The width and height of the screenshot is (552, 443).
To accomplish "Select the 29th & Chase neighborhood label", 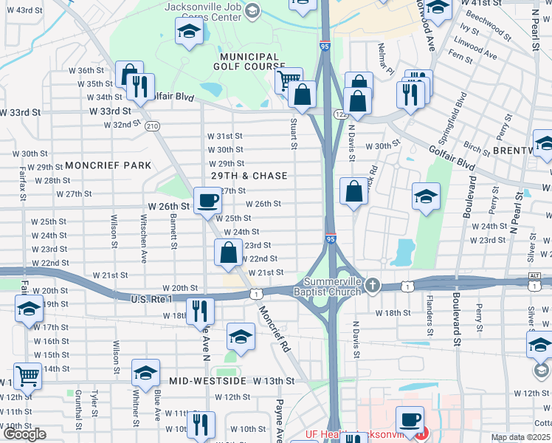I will pyautogui.click(x=249, y=176).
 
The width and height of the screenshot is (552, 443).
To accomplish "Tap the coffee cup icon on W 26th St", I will pyautogui.click(x=207, y=200).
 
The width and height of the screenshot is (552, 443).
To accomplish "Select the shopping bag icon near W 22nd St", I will pyautogui.click(x=228, y=253).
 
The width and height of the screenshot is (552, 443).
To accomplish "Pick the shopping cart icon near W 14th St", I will pyautogui.click(x=27, y=376).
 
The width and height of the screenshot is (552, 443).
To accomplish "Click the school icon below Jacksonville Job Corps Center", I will pyautogui.click(x=189, y=32).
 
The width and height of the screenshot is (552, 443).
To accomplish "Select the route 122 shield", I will pyautogui.click(x=340, y=114).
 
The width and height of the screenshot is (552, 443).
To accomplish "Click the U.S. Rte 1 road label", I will pyautogui.click(x=151, y=298).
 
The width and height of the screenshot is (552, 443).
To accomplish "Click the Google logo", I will pyautogui.click(x=24, y=434).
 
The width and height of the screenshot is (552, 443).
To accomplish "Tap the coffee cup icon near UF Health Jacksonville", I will pyautogui.click(x=410, y=420).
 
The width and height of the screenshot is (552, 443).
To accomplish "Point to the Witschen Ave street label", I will pyautogui.click(x=144, y=238).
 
